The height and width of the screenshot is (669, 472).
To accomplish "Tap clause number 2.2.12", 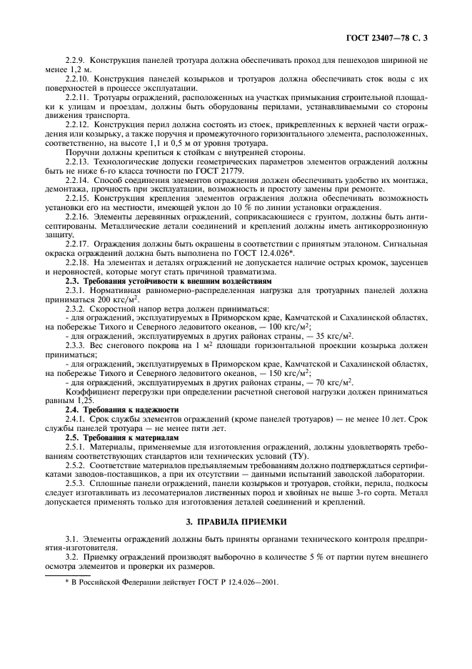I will pos(79,124).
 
